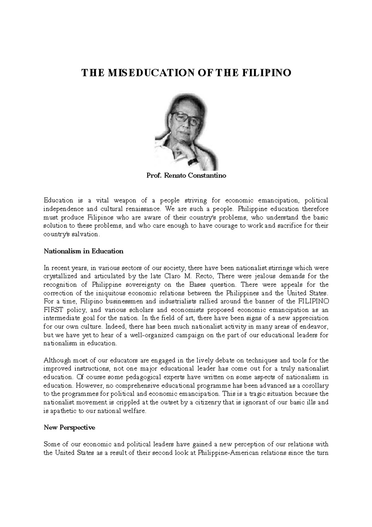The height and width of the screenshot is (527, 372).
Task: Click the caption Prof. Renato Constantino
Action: (x=186, y=176)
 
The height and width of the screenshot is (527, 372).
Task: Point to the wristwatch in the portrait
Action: (x=193, y=162)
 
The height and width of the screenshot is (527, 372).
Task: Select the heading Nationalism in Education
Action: (x=83, y=251)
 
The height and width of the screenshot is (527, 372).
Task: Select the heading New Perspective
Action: (x=69, y=427)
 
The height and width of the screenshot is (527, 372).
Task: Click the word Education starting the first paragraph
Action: (x=58, y=200)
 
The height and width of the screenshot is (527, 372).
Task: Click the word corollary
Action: (x=313, y=386)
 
